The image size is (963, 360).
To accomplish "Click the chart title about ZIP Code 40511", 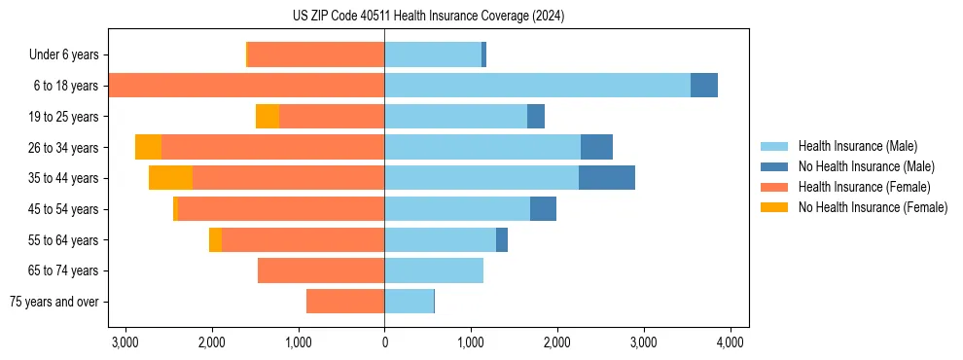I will [x=428, y=17].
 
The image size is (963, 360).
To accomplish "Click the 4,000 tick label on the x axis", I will [x=731, y=342].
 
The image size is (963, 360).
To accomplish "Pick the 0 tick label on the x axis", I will [x=384, y=342].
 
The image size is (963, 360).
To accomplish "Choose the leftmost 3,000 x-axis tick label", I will [x=125, y=342].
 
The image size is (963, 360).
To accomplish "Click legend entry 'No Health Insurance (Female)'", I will [x=873, y=207].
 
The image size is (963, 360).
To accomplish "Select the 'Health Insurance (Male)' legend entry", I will [x=857, y=146].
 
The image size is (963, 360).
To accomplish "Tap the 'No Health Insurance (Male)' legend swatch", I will [x=775, y=166].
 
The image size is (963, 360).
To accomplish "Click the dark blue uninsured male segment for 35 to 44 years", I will [x=606, y=178].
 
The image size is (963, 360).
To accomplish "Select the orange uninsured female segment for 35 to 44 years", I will [x=170, y=178].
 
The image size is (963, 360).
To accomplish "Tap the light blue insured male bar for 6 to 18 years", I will [x=537, y=86].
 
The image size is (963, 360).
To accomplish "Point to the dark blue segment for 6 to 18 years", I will [x=704, y=86].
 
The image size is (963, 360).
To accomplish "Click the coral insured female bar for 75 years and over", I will [x=345, y=302].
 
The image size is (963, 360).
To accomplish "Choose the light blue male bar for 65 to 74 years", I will [x=434, y=270].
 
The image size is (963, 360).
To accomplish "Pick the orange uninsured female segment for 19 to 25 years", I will [x=267, y=117].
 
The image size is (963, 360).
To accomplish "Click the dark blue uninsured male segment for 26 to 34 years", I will [x=596, y=147].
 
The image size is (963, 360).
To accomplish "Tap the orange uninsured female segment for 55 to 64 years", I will [x=215, y=239].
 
